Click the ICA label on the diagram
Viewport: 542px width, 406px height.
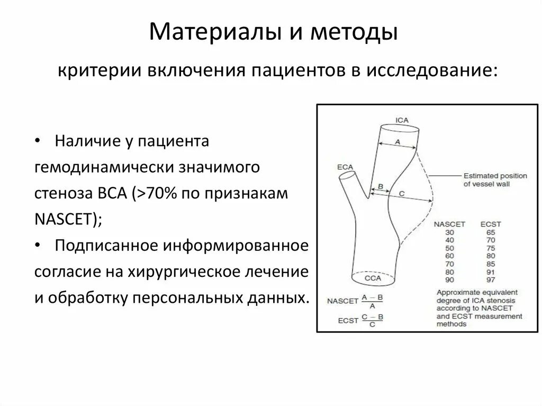pyautogui.click(x=402, y=120)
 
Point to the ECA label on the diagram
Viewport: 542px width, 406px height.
pyautogui.click(x=345, y=167)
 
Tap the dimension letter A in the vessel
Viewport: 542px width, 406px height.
pyautogui.click(x=398, y=141)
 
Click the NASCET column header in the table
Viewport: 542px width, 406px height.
pyautogui.click(x=449, y=224)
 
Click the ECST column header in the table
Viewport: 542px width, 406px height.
pyautogui.click(x=490, y=224)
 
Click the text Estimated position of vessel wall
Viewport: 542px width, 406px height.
pyautogui.click(x=495, y=180)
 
